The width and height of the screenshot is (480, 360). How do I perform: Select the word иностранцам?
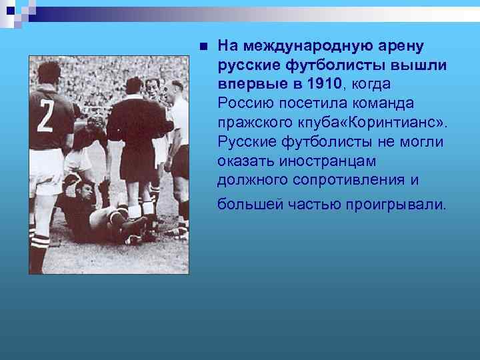point(320,161)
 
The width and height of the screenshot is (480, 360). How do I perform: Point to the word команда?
point(383,103)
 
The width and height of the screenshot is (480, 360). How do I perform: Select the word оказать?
point(243,161)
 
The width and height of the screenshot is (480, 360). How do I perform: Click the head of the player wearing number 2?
point(48,72)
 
